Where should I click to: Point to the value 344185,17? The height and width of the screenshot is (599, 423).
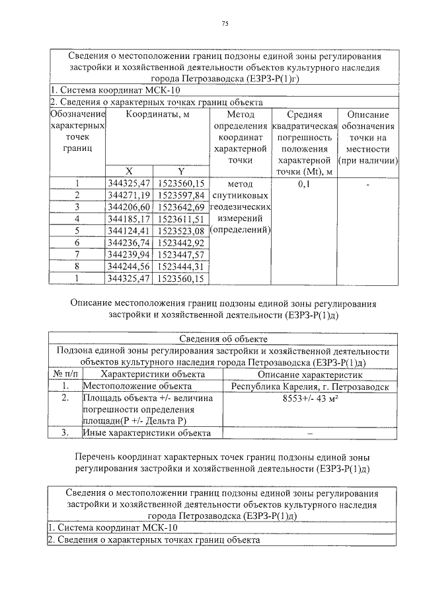pos(129,219)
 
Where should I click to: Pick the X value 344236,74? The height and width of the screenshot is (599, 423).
pos(129,243)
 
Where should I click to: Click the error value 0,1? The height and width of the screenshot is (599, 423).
pos(304,184)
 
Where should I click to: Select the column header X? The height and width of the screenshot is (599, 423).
pos(129,171)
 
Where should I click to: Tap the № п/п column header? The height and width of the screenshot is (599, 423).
pos(65,375)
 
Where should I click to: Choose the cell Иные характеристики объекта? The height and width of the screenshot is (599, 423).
pos(146,434)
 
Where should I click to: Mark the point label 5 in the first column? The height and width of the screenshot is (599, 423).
pos(77,231)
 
